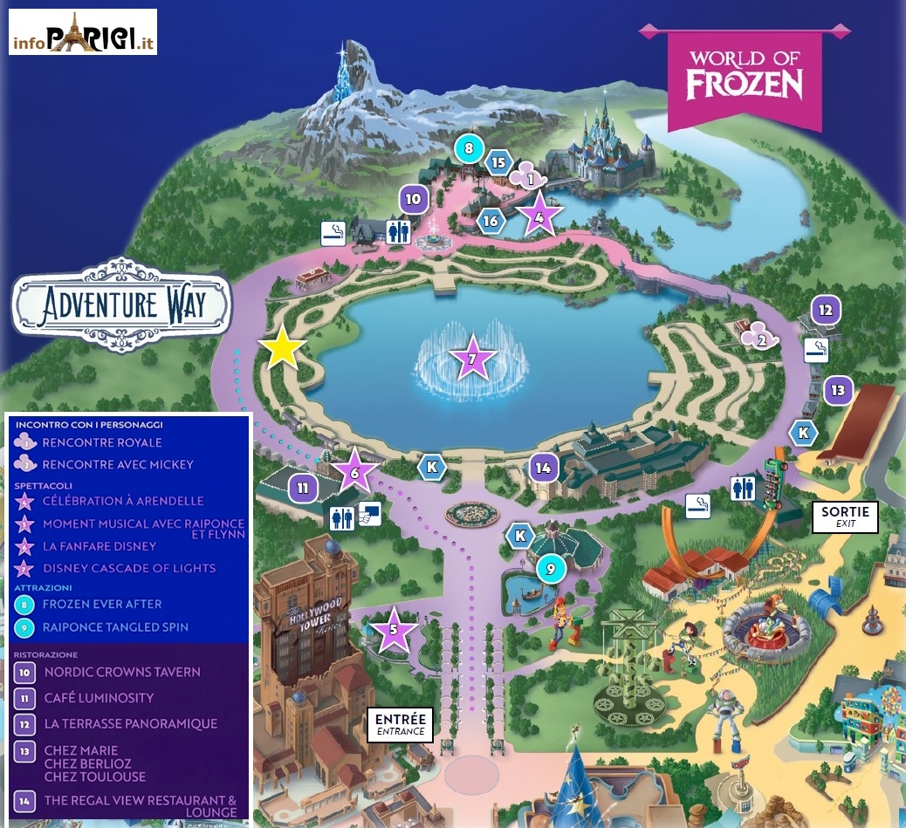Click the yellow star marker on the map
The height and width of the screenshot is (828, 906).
point(282,349)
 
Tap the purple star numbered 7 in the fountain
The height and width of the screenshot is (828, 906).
point(472,357)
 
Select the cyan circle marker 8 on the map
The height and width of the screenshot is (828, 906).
point(469,149)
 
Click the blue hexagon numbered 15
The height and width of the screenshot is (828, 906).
point(498,162)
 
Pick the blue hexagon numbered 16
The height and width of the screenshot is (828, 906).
point(491,222)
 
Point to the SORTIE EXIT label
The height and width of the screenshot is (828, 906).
point(845,517)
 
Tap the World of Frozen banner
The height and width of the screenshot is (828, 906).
point(745,75)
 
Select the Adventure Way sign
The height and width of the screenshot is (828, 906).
point(122,305)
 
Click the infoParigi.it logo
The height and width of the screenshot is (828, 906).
point(83,32)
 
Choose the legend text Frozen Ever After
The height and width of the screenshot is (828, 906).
point(102,604)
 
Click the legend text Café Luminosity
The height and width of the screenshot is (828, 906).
point(99,698)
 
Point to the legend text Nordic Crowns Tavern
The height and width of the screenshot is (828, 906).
point(122,672)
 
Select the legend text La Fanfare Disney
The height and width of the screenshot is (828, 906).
point(99,546)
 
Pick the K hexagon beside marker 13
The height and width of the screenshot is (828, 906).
point(803,432)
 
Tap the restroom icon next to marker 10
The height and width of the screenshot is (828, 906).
point(399,232)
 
